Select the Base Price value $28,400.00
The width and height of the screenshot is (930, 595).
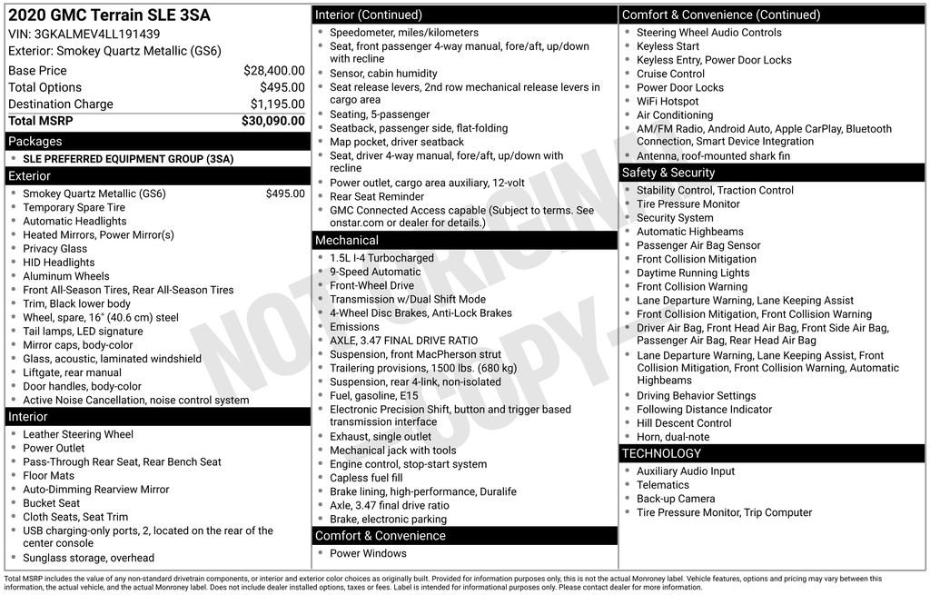(x=273, y=71)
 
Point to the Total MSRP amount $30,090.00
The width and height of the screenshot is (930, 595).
(x=272, y=121)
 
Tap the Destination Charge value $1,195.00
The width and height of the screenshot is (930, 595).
(x=277, y=104)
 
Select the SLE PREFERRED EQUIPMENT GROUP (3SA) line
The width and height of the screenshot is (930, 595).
(x=128, y=159)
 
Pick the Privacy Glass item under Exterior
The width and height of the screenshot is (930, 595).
(x=55, y=249)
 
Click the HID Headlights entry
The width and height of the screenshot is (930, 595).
(x=59, y=263)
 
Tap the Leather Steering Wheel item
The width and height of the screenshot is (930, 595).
(x=78, y=434)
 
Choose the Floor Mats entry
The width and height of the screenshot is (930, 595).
(x=49, y=475)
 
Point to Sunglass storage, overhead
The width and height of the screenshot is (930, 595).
(x=89, y=558)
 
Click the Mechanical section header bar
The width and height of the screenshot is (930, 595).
(x=346, y=241)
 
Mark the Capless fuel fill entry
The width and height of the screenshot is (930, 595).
(x=366, y=478)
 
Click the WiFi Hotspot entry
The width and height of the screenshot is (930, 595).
(x=668, y=102)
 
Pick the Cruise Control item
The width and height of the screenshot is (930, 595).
(x=670, y=74)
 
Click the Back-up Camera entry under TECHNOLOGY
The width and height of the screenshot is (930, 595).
(x=676, y=499)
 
